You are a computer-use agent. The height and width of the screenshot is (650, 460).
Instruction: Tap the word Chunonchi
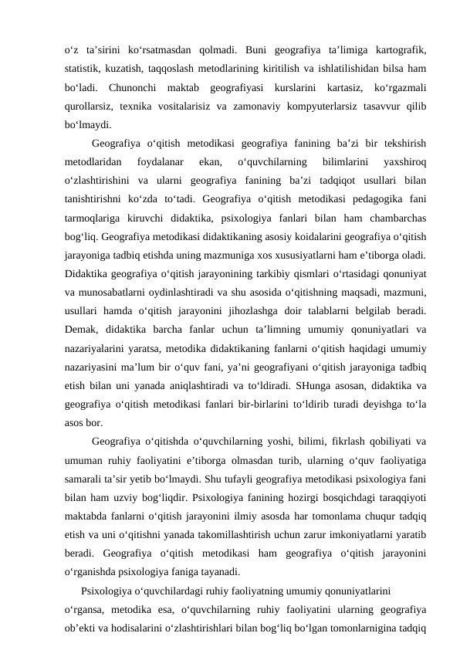[x=133, y=85]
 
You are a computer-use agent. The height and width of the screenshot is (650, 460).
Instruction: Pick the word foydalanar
[x=159, y=162]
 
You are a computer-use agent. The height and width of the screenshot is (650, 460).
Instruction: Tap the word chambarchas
[x=394, y=218]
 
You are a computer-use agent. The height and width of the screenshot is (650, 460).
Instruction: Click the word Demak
[x=81, y=330]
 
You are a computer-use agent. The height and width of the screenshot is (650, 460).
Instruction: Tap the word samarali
[x=84, y=479]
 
